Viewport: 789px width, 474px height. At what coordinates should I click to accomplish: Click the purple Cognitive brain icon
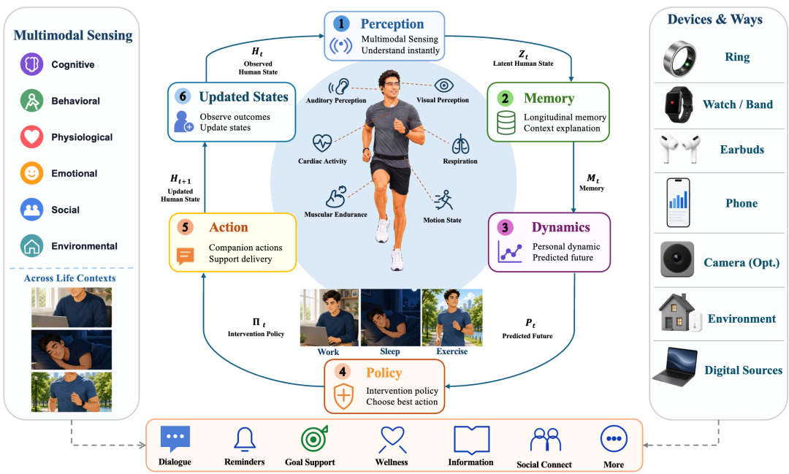tap(31, 64)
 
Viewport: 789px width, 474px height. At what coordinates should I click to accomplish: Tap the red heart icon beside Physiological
tap(31, 137)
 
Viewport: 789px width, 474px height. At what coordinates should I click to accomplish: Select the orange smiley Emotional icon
tap(31, 173)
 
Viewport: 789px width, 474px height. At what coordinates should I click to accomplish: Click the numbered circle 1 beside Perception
tap(341, 23)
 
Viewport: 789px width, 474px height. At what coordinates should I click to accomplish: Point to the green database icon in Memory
tap(506, 122)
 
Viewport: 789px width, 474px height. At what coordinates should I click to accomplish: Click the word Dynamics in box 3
tap(560, 227)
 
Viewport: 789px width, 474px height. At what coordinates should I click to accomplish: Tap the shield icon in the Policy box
tap(343, 395)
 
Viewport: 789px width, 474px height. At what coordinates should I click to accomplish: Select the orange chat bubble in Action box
tap(185, 256)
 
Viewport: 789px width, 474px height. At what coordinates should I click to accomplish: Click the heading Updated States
tap(243, 96)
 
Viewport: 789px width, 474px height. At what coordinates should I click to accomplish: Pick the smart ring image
tap(679, 59)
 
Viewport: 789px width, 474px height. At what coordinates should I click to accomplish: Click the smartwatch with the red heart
tap(678, 104)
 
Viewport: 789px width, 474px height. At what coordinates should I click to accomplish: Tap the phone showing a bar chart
tap(678, 203)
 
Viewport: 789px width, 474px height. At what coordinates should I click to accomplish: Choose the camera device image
tap(676, 259)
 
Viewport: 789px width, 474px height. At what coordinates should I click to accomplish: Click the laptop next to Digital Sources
tap(675, 367)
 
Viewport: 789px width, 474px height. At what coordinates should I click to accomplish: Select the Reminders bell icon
tap(245, 439)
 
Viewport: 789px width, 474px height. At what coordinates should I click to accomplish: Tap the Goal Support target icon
tap(314, 439)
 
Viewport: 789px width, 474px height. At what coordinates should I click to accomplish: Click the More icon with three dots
tap(614, 439)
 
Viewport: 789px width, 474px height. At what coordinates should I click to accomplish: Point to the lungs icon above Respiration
tap(460, 145)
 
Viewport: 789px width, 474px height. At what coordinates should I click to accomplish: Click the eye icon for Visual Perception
tap(444, 85)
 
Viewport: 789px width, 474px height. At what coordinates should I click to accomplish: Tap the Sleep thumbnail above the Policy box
tap(390, 318)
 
